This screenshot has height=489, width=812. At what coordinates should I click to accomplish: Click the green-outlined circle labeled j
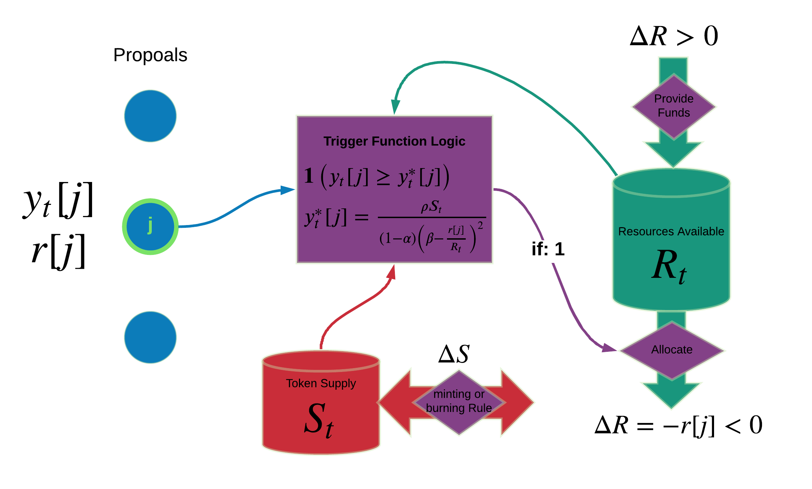click(x=150, y=226)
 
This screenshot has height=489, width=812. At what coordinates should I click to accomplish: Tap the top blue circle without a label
click(x=150, y=116)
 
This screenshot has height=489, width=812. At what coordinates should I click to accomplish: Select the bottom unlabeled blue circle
click(x=150, y=337)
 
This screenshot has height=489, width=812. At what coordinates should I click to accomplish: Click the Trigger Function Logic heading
click(x=394, y=141)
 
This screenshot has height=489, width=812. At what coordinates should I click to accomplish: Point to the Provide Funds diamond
click(x=674, y=106)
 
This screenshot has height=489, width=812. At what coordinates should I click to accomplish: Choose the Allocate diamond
click(x=672, y=350)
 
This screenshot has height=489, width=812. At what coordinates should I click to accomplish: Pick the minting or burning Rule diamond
click(x=459, y=401)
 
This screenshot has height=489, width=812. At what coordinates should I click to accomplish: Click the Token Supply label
click(x=321, y=383)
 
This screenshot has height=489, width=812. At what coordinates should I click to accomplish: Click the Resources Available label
click(x=671, y=231)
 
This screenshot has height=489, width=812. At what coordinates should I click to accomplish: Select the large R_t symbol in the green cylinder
click(x=669, y=266)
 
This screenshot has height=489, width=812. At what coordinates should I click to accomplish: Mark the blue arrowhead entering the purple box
click(x=288, y=190)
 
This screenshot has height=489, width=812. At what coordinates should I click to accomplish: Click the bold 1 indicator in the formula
click(x=309, y=176)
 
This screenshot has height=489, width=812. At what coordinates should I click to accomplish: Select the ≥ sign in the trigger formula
click(x=383, y=177)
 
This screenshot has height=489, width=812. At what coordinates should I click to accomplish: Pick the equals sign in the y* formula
click(x=361, y=218)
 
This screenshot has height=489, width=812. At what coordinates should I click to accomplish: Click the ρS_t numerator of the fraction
click(x=431, y=207)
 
